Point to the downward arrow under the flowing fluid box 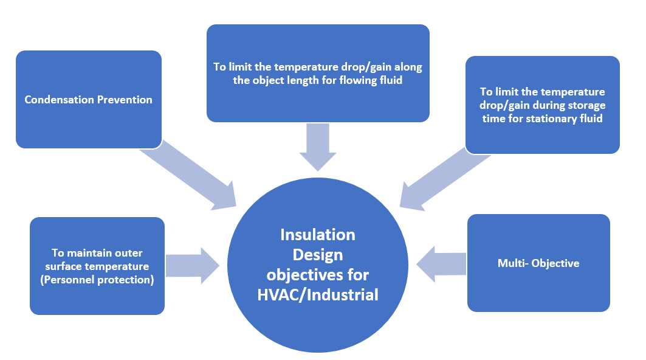click(x=318, y=146)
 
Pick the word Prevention click(x=125, y=100)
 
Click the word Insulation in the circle click(x=318, y=234)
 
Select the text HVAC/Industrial click(x=318, y=295)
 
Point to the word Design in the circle click(x=318, y=254)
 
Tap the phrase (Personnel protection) click(x=97, y=280)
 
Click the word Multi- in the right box click(x=511, y=263)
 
